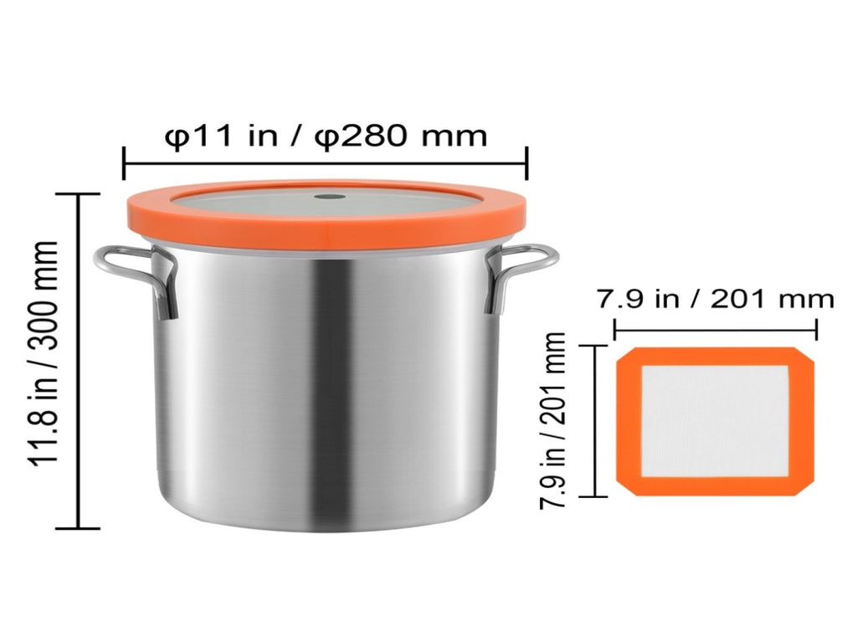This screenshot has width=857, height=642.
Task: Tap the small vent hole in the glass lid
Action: pyautogui.click(x=329, y=197)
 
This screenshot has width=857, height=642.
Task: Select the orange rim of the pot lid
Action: pyautogui.click(x=326, y=229)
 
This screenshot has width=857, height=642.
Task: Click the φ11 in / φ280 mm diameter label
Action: pyautogui.click(x=326, y=136)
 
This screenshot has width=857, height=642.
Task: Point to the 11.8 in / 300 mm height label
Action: pyautogui.click(x=44, y=353)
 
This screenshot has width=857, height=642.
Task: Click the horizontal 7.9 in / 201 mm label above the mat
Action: pyautogui.click(x=715, y=300)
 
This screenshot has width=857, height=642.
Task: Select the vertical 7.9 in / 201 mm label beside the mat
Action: pyautogui.click(x=552, y=421)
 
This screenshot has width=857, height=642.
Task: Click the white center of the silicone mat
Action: pyautogui.click(x=715, y=421)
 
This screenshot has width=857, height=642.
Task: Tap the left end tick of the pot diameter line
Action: pyautogui.click(x=124, y=163)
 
